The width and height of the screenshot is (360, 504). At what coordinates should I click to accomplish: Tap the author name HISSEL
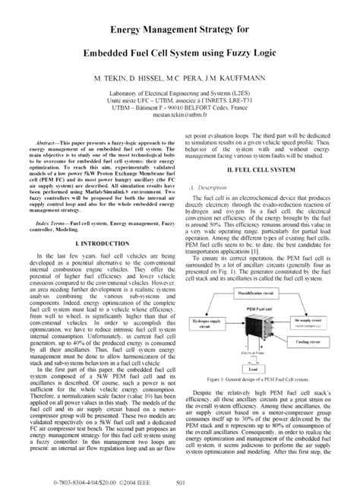151,78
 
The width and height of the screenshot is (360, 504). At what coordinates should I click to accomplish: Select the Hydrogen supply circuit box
210,334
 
